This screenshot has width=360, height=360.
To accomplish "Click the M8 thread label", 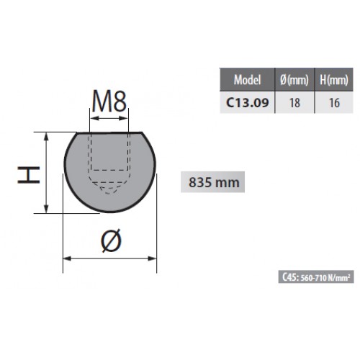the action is tap(109, 101).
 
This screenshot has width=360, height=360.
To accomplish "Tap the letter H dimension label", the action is tap(29, 175).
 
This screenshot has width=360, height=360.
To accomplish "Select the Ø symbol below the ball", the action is tap(111, 240).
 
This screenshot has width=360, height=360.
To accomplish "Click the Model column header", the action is tap(247, 80).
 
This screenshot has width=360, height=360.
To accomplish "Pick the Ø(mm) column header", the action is tap(294, 80).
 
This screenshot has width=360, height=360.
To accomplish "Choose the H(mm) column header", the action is tap(334, 80).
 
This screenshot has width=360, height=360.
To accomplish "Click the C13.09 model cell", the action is tap(248, 103).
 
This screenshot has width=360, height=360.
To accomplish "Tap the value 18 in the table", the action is tap(294, 103).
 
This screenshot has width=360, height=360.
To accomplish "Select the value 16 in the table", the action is tap(334, 103).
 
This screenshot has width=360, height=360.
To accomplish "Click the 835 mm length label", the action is tap(214, 182).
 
